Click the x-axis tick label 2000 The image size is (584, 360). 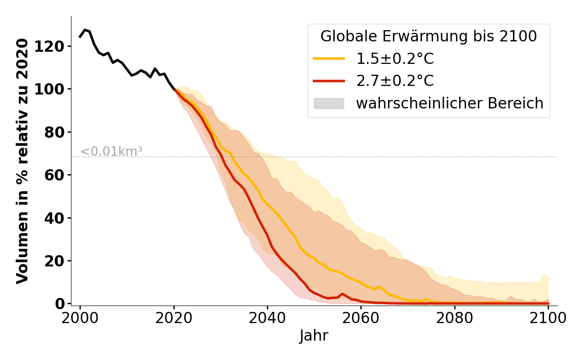[80, 318]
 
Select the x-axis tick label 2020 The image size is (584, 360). [174, 318]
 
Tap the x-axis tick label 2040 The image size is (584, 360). [267, 318]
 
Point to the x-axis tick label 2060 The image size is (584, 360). [361, 318]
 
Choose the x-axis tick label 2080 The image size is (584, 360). [454, 318]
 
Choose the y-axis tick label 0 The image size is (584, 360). [60, 304]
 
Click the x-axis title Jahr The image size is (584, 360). [314, 336]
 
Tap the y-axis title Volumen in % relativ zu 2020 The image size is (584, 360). [22, 161]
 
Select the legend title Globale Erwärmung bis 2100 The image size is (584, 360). [429, 36]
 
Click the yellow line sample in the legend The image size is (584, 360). [329, 58]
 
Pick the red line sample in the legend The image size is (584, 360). [329, 81]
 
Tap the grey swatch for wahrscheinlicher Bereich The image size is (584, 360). [329, 103]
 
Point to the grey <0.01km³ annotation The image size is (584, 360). [111, 152]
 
